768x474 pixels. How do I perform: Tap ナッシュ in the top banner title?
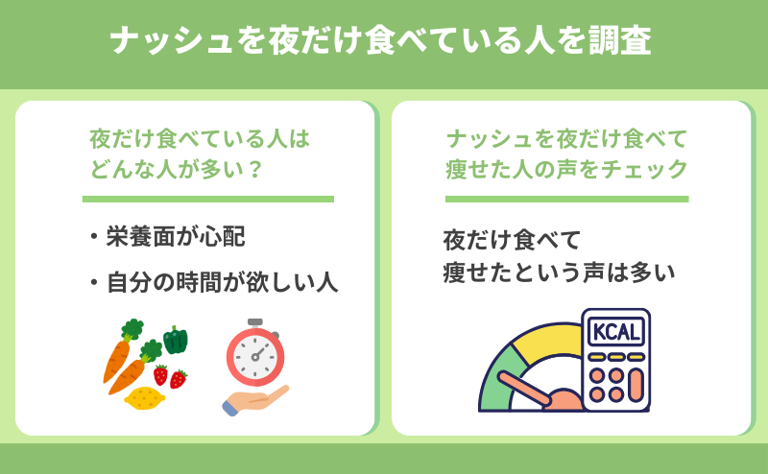point(172,40)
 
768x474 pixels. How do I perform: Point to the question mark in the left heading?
point(255,169)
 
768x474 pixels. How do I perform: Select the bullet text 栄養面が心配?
point(176,237)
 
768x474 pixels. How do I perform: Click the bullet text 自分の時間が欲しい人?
point(223,282)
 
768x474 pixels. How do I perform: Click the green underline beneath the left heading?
point(208,200)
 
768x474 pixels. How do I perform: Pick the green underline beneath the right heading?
point(566,200)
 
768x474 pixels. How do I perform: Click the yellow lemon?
point(145,397)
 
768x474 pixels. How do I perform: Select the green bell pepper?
point(176,340)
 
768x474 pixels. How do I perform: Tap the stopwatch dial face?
point(255,357)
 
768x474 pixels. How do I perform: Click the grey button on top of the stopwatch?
point(255,323)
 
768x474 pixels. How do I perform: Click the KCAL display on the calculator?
point(615,332)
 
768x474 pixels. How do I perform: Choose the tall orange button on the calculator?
point(636,386)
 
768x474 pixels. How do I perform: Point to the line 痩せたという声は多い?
point(559,273)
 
